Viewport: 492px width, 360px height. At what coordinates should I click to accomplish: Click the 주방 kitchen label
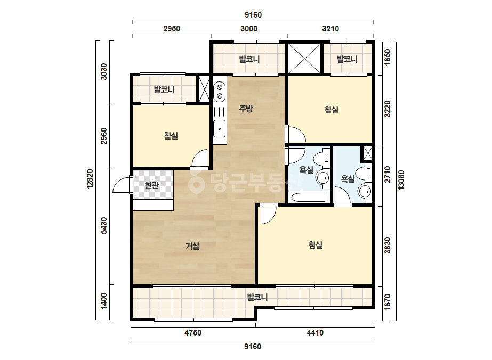click(x=246, y=109)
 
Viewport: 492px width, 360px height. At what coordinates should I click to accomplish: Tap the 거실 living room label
click(x=192, y=246)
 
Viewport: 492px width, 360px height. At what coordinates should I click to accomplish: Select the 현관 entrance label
click(x=152, y=185)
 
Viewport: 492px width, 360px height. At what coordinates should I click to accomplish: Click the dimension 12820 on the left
click(x=90, y=179)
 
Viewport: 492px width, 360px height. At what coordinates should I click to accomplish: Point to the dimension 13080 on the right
click(x=401, y=179)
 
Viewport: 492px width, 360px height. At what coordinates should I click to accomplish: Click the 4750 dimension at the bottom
click(x=192, y=333)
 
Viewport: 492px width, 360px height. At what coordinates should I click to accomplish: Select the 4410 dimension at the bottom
click(x=314, y=333)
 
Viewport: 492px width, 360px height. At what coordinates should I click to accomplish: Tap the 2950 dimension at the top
click(x=172, y=29)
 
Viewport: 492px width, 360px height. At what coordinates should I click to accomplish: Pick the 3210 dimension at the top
click(x=330, y=29)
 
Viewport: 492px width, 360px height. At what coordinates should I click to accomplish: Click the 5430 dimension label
click(x=103, y=225)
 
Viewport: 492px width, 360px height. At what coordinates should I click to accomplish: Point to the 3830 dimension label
click(x=388, y=245)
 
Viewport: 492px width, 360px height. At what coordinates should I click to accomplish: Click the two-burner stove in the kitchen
click(x=220, y=91)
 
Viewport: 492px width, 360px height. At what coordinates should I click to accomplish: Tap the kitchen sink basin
click(x=220, y=128)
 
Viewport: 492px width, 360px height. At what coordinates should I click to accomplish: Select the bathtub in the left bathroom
click(x=309, y=198)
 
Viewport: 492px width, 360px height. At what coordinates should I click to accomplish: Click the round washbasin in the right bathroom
click(x=365, y=191)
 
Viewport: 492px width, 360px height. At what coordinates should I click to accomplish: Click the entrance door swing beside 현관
click(x=122, y=185)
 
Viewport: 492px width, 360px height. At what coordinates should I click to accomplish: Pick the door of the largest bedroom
click(x=268, y=214)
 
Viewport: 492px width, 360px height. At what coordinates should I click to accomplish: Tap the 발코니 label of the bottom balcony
click(x=257, y=297)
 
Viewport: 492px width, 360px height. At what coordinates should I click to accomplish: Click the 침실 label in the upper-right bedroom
click(x=332, y=110)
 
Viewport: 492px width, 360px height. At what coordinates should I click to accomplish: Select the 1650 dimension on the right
click(x=388, y=57)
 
